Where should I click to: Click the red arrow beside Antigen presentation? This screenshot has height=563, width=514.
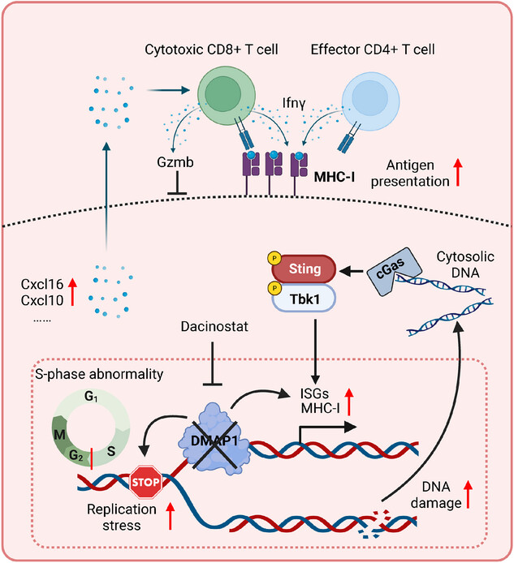458,173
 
